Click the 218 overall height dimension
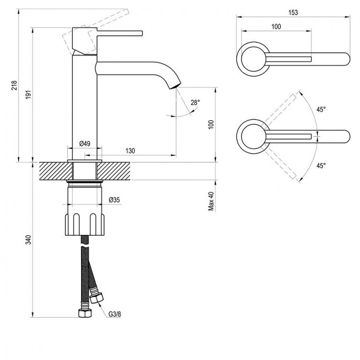[15, 86]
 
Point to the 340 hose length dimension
[27, 240]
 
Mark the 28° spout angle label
[194, 102]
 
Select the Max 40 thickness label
[211, 202]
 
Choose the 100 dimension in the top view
[276, 27]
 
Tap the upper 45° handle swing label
[321, 109]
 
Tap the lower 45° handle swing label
[321, 165]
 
